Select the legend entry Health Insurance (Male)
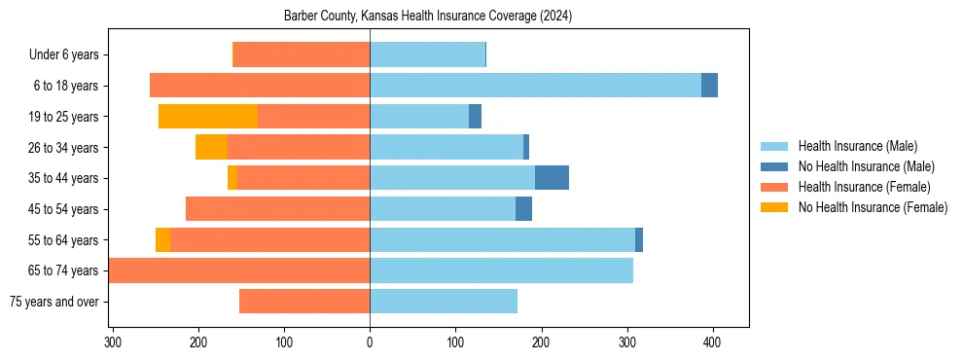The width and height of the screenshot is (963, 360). click(x=857, y=146)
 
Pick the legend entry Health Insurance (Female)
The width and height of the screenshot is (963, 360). click(x=864, y=187)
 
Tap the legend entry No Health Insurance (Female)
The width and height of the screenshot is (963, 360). click(x=873, y=207)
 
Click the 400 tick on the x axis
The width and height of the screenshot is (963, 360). click(x=712, y=342)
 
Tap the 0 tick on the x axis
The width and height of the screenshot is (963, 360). click(x=370, y=342)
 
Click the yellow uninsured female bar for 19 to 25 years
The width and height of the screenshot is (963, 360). click(x=208, y=117)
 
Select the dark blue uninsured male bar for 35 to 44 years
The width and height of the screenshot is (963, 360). click(x=552, y=178)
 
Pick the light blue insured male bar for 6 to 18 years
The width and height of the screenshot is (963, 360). click(x=535, y=86)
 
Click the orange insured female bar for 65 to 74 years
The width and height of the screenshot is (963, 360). click(x=239, y=270)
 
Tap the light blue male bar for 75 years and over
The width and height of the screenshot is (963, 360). click(x=444, y=302)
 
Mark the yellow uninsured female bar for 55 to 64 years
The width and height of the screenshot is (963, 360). click(x=162, y=239)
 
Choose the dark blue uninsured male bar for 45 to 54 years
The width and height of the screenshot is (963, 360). click(x=523, y=209)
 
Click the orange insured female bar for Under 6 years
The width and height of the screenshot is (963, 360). click(x=302, y=55)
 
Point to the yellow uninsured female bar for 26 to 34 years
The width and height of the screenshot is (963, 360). click(x=211, y=147)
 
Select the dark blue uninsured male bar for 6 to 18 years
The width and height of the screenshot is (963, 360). click(x=709, y=86)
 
